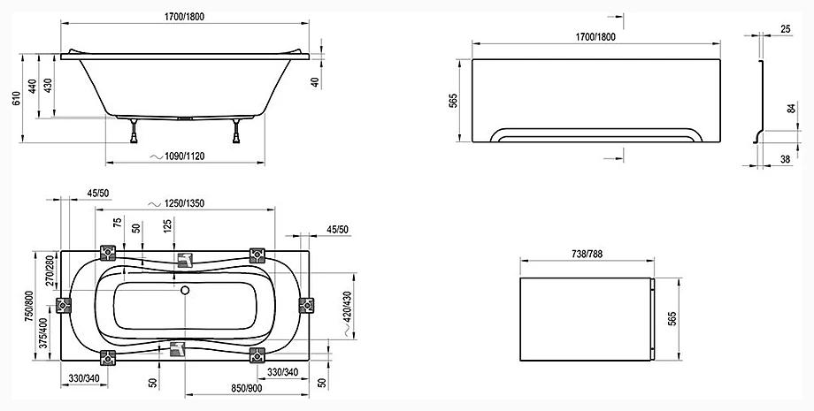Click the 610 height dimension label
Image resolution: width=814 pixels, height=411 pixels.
click(x=16, y=98)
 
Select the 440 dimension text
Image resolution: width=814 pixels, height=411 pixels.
click(x=32, y=86)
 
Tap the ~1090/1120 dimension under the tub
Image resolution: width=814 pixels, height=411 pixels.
click(x=177, y=156)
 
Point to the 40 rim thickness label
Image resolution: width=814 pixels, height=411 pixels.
click(x=315, y=81)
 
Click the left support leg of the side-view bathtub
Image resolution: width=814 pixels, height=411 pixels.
click(x=134, y=131)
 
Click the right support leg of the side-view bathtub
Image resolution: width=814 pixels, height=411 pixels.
click(x=236, y=131)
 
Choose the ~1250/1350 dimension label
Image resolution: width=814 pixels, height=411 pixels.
click(x=176, y=203)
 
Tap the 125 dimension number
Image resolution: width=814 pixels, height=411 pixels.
click(x=167, y=225)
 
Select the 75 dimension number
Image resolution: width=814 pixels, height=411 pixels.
click(x=118, y=223)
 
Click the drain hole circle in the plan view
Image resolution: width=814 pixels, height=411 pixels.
click(x=185, y=290)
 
